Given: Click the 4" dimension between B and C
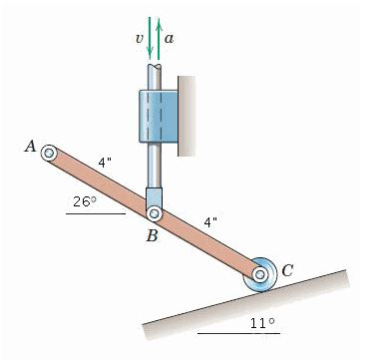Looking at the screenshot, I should tap(210, 220).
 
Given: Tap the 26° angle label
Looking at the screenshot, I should tap(85, 201).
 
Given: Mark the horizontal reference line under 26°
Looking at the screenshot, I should tap(95, 213).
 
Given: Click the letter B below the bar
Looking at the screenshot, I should tap(151, 236).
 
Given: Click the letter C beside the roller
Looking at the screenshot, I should tap(287, 267).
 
